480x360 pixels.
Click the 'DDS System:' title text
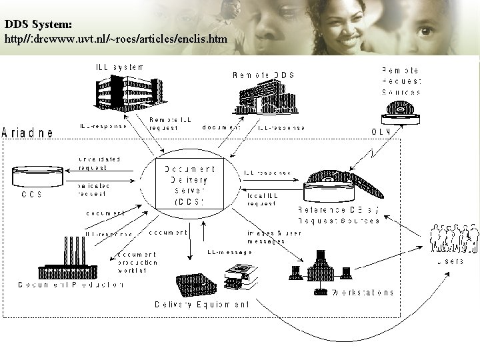(x=39, y=24)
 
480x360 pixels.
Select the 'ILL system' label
(x=118, y=67)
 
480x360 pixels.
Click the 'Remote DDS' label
(x=263, y=75)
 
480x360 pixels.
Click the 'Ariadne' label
(x=28, y=133)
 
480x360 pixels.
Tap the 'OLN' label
(x=382, y=131)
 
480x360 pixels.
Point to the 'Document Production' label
(x=71, y=285)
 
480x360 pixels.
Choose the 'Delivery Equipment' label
(x=202, y=304)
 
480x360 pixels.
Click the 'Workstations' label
(x=363, y=292)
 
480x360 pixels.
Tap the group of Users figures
(x=453, y=238)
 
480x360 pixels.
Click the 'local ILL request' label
(x=261, y=199)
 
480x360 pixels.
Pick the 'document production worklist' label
(x=138, y=262)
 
